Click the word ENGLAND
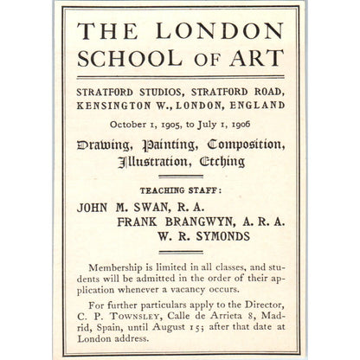(x=254, y=105)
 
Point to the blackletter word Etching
(x=223, y=162)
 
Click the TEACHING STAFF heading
(x=180, y=190)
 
